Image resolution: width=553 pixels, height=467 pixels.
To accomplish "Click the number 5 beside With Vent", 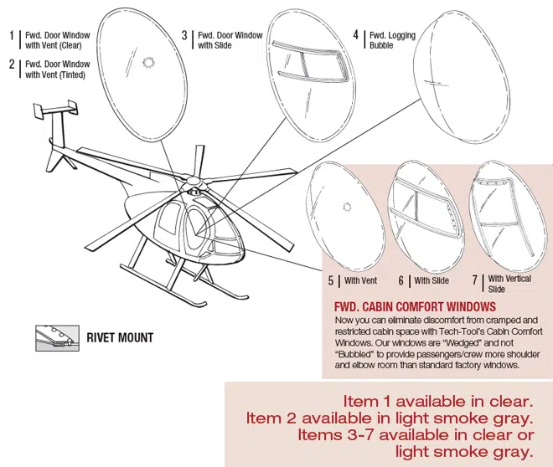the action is coord(331,280).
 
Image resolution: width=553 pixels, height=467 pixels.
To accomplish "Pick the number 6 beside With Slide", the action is coord(401,280).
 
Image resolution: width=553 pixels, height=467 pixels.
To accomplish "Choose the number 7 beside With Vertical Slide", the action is coord(475,280).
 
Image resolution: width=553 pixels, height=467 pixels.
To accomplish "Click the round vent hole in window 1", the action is coord(148,62).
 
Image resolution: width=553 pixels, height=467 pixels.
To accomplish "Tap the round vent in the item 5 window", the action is coord(347,207).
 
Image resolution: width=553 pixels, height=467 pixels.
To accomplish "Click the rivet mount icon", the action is coord(57,338).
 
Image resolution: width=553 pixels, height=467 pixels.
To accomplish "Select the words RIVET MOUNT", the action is coord(120,338).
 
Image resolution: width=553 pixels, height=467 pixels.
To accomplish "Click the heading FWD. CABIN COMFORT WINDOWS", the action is coord(415,307).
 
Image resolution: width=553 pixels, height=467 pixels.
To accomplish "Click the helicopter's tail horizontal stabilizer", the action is coord(55,109).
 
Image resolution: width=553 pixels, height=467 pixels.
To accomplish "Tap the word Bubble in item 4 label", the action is coord(381,45).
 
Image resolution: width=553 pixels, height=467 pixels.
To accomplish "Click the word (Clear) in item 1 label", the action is coord(70,46).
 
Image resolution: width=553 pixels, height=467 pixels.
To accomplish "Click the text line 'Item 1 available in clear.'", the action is coord(438,402).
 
